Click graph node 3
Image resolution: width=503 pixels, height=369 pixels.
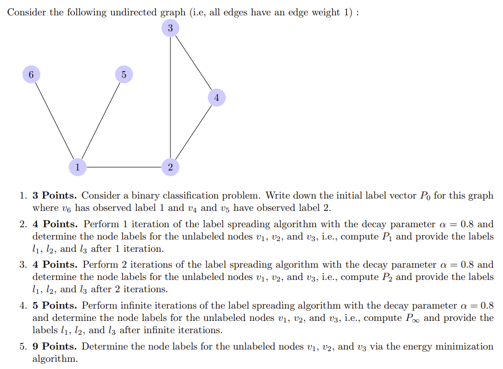(x=170, y=28)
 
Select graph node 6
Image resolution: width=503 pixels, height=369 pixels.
(x=31, y=74)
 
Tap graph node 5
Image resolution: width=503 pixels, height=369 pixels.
(x=123, y=74)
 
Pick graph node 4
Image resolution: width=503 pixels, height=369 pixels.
(x=216, y=97)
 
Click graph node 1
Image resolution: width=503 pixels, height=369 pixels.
(x=77, y=167)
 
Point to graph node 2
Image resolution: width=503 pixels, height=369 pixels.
(x=170, y=167)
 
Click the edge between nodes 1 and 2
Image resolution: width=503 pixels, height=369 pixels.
(x=123, y=167)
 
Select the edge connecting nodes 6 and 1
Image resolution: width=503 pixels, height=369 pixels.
(x=54, y=120)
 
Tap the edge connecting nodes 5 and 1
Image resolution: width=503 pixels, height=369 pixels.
(x=100, y=120)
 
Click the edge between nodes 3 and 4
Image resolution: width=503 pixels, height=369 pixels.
(x=193, y=62)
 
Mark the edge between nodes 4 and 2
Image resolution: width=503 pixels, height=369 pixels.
(x=193, y=132)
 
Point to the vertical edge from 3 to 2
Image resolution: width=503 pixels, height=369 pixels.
(x=170, y=97)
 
